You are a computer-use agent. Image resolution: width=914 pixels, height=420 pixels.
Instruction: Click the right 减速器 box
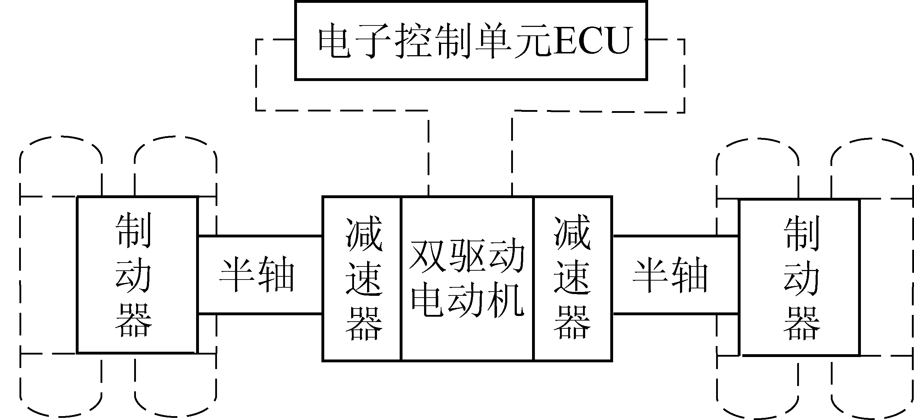click(x=573, y=278)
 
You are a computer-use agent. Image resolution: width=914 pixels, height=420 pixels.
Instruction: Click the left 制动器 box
click(x=137, y=275)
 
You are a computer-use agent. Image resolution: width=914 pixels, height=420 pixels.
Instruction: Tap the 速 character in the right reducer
click(x=572, y=278)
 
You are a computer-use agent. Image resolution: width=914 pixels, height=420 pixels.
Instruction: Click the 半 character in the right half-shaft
click(x=651, y=275)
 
